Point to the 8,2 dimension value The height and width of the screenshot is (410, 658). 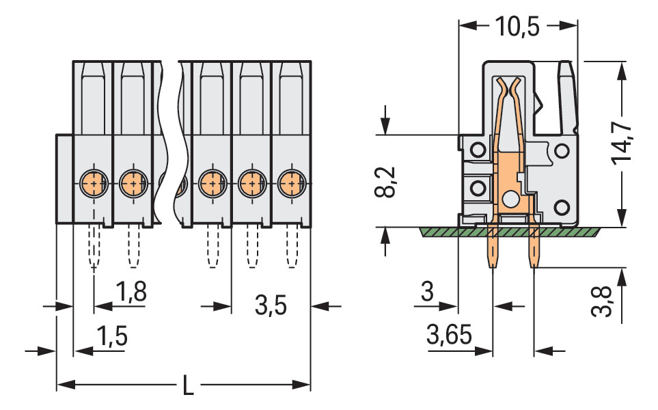click(x=387, y=181)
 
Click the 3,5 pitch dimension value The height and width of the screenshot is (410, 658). click(x=271, y=306)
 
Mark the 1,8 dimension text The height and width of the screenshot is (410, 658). click(x=130, y=292)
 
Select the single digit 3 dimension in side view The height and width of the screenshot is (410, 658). click(x=427, y=292)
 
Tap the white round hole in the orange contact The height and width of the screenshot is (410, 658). click(x=510, y=200)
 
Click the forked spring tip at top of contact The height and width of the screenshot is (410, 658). click(x=510, y=85)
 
